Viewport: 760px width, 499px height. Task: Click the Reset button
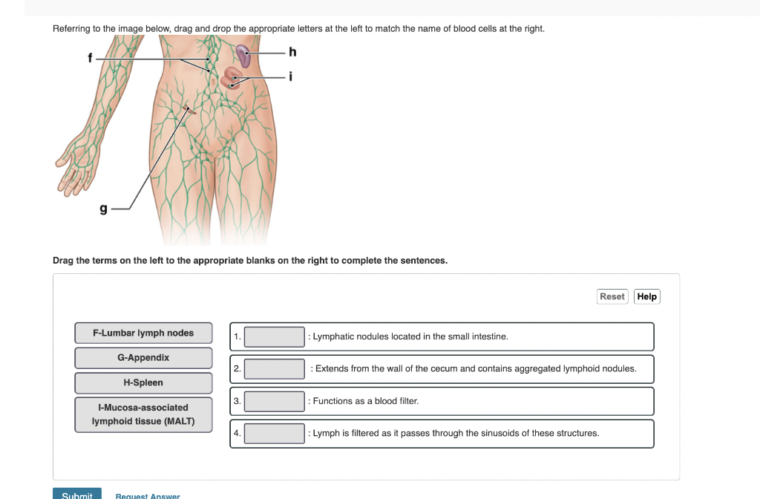pos(612,296)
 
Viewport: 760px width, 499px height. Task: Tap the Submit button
pos(77,494)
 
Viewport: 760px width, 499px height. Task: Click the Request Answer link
pos(148,495)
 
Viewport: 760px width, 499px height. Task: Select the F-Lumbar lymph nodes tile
pos(143,333)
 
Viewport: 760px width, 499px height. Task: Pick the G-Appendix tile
pos(143,358)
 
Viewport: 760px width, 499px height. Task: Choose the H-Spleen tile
pos(143,383)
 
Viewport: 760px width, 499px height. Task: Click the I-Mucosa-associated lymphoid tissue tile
pos(143,414)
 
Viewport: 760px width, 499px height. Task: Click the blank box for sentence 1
pos(275,337)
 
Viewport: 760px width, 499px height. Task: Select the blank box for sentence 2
pos(275,368)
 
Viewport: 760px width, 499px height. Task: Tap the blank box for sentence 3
pos(275,402)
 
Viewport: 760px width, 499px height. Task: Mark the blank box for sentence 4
pos(275,434)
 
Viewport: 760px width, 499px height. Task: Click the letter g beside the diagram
pos(104,210)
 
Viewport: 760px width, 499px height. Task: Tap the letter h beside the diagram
pos(292,52)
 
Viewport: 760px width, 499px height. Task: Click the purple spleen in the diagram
pos(243,56)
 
